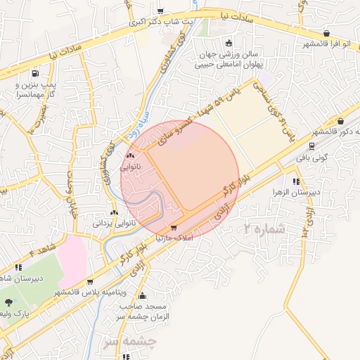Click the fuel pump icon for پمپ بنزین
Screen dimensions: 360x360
click(x=35, y=72)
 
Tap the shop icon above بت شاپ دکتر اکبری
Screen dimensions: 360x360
click(x=161, y=11)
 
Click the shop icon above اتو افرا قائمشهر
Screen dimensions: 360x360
click(x=327, y=33)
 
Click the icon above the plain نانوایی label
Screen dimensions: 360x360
click(x=129, y=156)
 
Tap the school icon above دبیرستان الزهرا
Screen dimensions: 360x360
click(x=284, y=180)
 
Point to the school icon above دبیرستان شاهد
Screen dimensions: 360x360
click(x=18, y=267)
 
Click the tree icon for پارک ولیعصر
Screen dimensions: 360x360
click(x=8, y=302)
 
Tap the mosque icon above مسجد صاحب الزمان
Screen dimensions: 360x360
click(x=143, y=296)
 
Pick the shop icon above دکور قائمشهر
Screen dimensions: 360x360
click(x=340, y=122)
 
